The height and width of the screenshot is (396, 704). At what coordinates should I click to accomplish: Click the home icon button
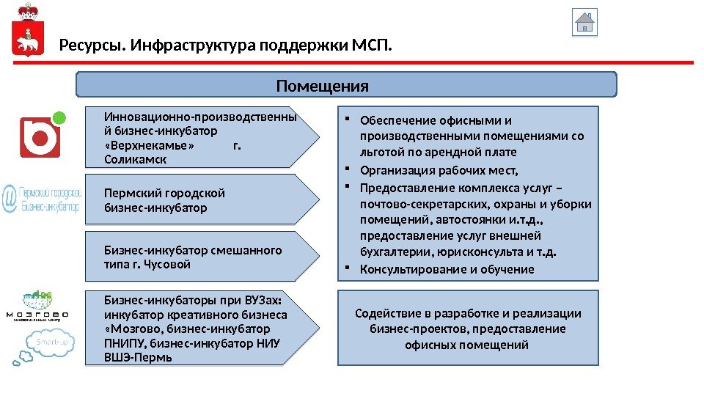pos(584,23)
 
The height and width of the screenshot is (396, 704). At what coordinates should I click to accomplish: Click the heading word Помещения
pos(323,87)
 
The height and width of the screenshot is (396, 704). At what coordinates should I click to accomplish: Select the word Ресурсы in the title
pos(90,48)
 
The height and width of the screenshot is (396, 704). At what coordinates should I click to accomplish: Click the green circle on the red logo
pos(61,117)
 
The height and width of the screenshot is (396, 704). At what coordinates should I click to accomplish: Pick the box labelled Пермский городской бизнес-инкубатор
pos(198,199)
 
